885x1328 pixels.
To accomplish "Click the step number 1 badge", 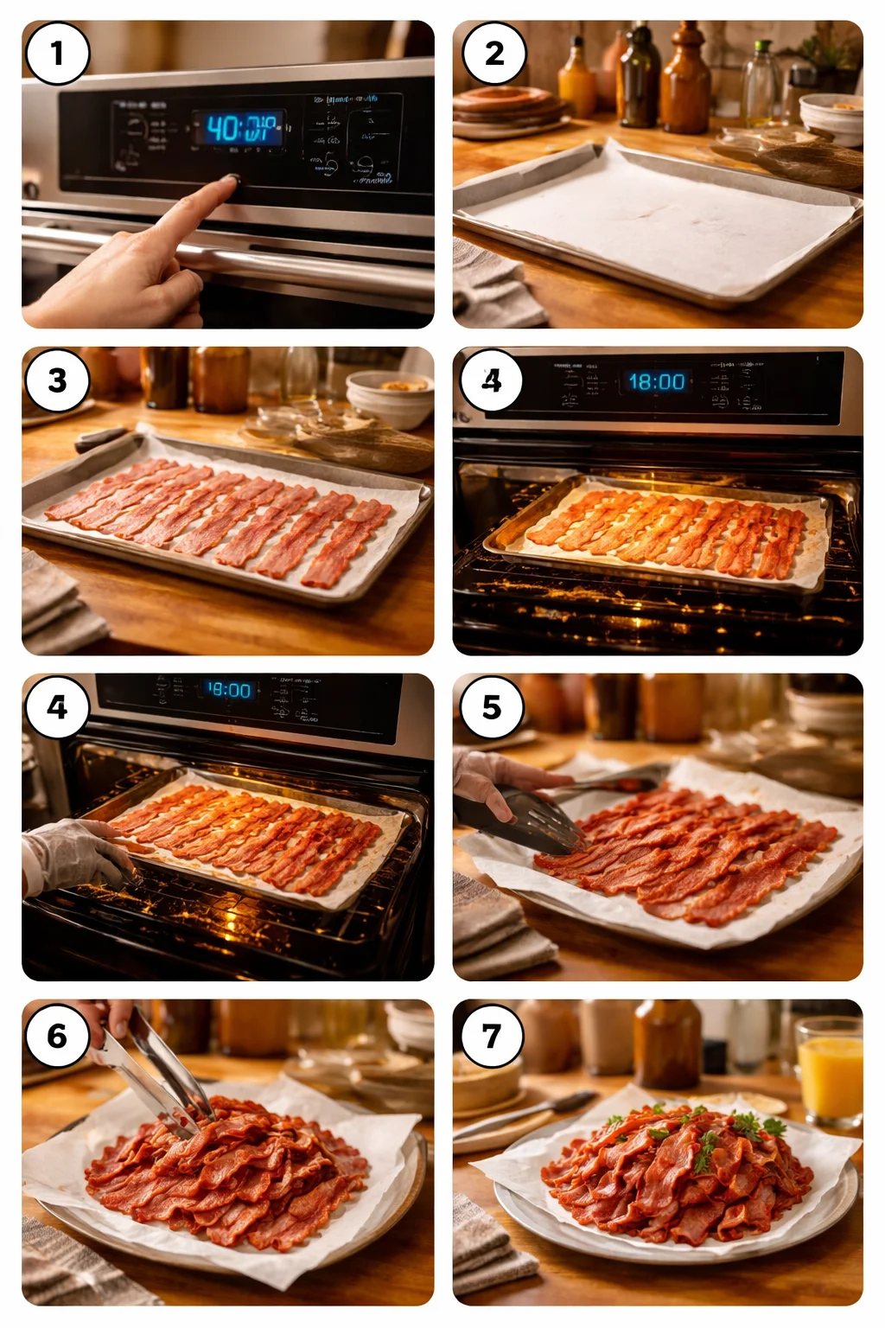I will click(57, 54).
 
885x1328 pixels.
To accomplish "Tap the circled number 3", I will click(57, 380).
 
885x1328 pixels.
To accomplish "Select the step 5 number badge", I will click(492, 707).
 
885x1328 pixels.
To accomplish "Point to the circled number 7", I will click(492, 1035).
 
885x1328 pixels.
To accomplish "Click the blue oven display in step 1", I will click(239, 129).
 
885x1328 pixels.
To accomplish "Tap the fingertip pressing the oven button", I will click(229, 181).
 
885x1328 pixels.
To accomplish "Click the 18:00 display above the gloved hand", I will click(229, 690).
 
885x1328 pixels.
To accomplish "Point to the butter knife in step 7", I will click(527, 1115).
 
